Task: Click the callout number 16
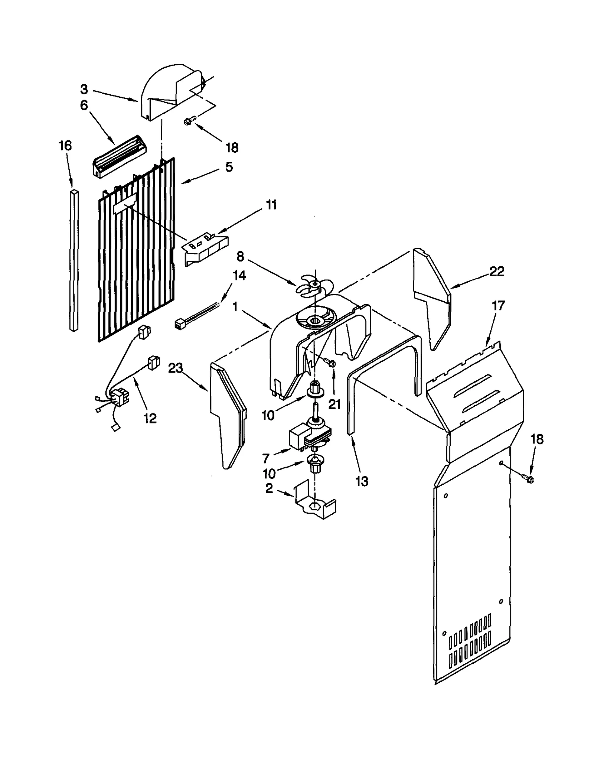[65, 146]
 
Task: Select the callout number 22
[496, 272]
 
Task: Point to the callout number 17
[498, 306]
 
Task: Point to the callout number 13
[362, 481]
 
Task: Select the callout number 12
[150, 418]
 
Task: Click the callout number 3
[84, 90]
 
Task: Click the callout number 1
[235, 307]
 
